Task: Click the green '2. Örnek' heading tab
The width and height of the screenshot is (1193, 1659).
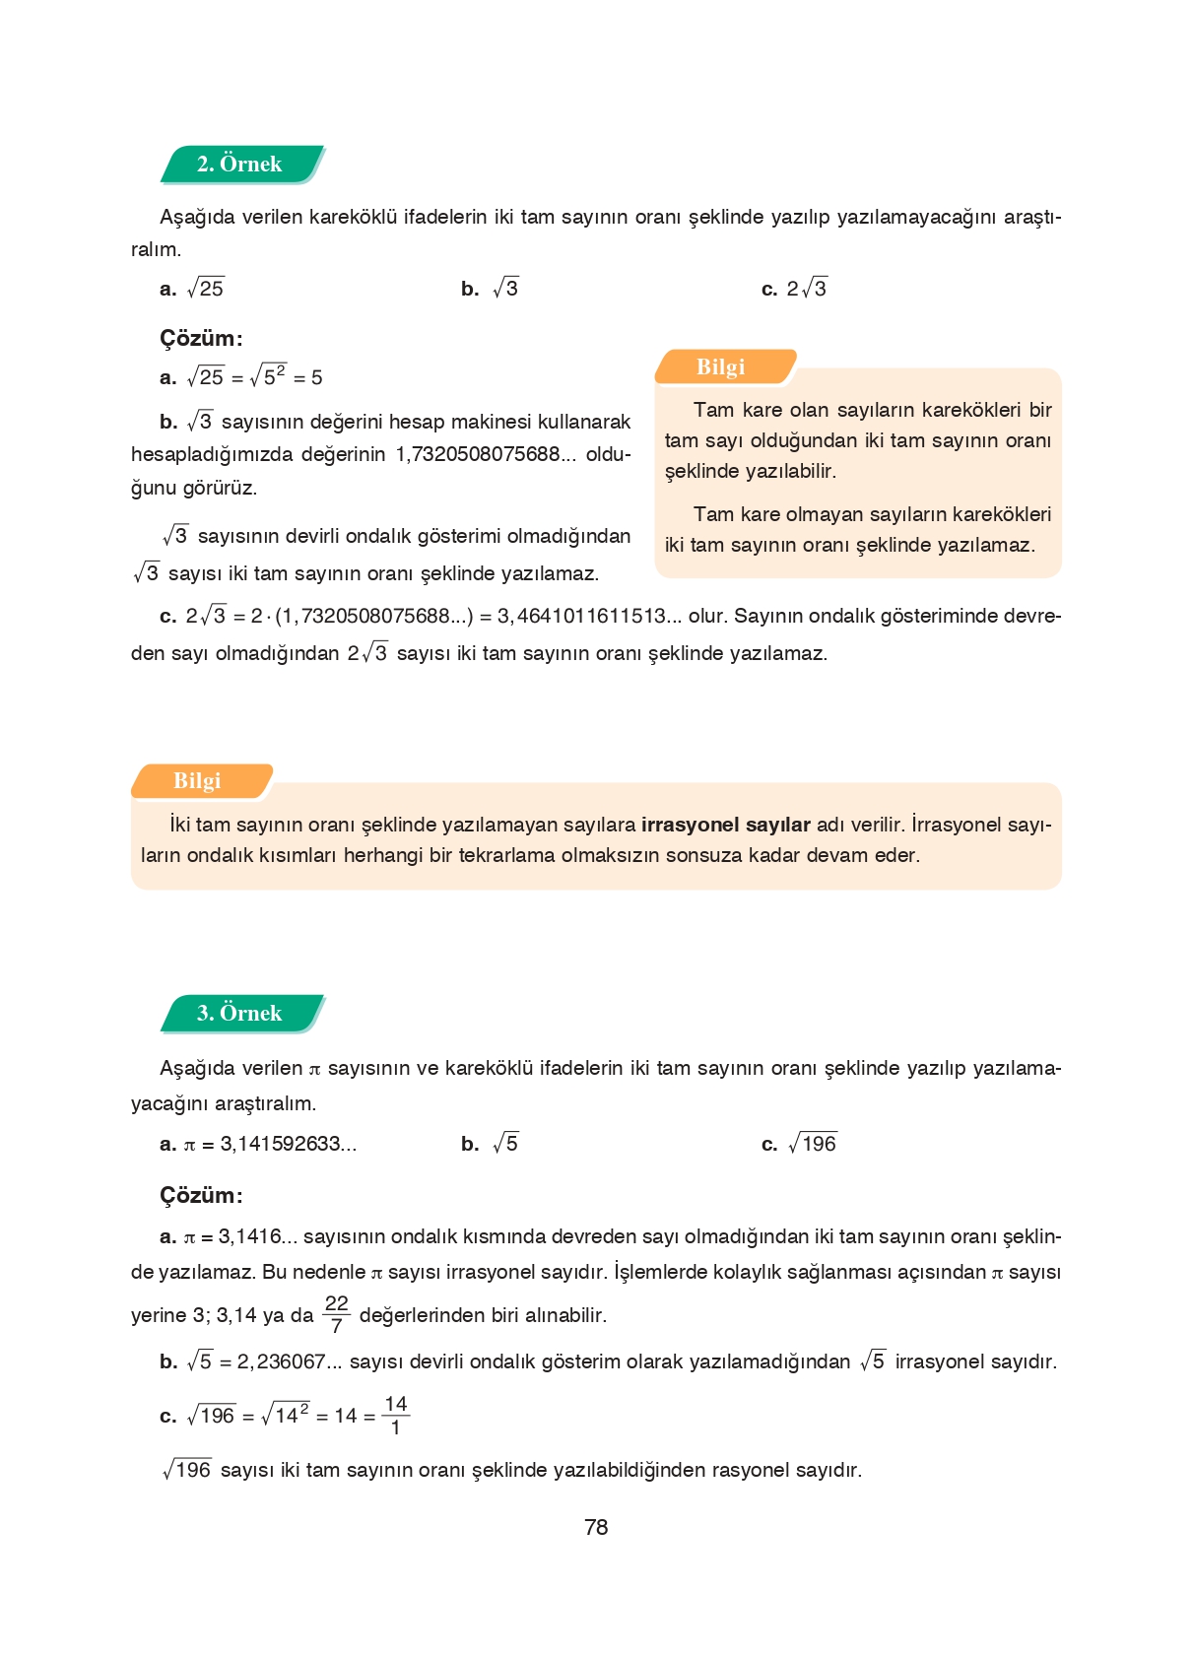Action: coord(240,165)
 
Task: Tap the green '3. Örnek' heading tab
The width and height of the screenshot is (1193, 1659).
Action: coord(240,1014)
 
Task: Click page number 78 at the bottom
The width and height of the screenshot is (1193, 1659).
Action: coord(596,1527)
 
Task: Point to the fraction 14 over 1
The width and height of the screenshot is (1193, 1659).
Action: coord(396,1416)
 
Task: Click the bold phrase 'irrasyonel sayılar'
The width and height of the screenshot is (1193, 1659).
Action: coord(725,825)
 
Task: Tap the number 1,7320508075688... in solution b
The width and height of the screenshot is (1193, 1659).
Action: coord(488,454)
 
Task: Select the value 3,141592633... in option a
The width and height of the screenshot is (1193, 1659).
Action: coord(288,1144)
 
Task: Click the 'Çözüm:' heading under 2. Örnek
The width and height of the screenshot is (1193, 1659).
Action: coord(201,338)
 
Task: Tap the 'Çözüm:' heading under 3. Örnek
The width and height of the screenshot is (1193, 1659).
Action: coord(201,1195)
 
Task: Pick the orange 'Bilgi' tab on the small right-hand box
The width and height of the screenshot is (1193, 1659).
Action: coord(722,366)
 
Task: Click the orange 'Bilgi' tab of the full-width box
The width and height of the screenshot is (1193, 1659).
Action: coord(198,781)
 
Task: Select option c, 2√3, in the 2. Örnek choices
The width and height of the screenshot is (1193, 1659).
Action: coord(806,289)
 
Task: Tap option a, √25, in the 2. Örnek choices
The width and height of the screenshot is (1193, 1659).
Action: coord(205,289)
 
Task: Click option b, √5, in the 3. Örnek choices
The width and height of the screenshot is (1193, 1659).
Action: coord(504,1144)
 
